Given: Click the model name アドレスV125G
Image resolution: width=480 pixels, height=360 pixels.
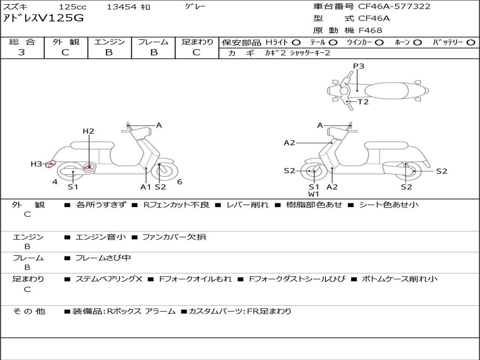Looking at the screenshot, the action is coord(43,18).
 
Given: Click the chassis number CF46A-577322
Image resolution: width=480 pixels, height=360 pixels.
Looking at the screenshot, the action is coord(394,6).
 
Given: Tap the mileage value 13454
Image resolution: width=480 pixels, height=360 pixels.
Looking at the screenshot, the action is coord(121,7).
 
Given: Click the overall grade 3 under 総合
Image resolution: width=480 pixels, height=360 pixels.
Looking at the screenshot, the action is coord(22,52).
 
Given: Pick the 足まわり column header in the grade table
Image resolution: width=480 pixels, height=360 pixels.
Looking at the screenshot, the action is coord(197,42).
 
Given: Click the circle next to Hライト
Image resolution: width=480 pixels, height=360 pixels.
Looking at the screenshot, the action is coord(296,43).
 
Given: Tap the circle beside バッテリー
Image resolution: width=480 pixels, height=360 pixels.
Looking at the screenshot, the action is coord(471,43).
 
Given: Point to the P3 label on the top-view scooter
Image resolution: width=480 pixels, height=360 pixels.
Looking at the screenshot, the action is coord(359,66).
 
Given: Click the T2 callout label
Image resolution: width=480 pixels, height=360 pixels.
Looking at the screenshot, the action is coord(363,102).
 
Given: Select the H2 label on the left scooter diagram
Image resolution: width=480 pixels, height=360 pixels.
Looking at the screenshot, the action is coord(89,131).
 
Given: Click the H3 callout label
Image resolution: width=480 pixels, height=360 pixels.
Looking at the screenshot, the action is coord(36,164).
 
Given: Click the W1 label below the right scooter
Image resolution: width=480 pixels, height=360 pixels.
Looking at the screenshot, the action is coord(314,194).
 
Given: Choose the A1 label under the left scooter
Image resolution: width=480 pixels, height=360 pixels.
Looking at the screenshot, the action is coord(146,187).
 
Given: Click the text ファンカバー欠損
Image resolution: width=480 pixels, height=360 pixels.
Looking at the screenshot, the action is coord(174,237).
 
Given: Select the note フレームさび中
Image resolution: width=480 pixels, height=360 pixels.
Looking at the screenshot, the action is coord(103,258).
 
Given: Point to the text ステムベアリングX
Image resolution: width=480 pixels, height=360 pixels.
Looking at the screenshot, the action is coord(109,279).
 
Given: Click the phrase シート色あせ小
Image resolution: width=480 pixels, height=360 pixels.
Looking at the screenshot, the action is coord(389,205).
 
